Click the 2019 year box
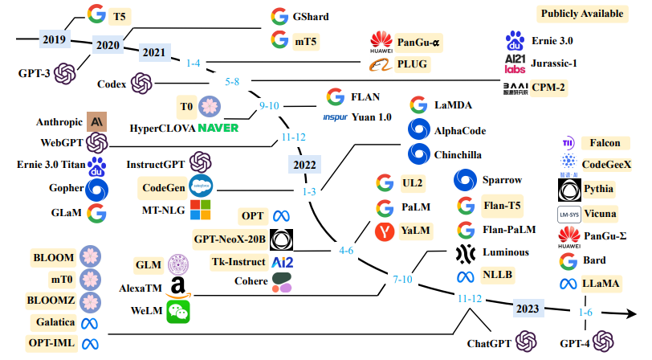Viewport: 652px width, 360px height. [x=55, y=39]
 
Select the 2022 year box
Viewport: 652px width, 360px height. [x=304, y=165]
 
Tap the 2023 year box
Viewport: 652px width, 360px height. [x=528, y=309]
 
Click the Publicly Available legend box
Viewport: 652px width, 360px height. [x=582, y=14]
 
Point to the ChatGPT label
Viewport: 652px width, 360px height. [x=489, y=343]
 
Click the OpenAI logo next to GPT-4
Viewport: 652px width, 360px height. [x=603, y=342]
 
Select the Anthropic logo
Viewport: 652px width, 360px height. [x=97, y=121]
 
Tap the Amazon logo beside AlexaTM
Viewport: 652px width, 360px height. [x=178, y=288]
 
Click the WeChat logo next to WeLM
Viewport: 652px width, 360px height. [x=178, y=312]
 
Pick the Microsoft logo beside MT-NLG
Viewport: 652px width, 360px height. [x=201, y=210]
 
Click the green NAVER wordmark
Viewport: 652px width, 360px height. [x=218, y=128]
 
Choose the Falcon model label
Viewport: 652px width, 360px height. [x=605, y=143]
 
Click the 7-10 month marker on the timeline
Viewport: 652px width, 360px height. [x=402, y=280]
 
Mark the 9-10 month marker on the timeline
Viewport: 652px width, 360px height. [x=269, y=106]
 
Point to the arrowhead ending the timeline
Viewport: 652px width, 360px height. [x=630, y=313]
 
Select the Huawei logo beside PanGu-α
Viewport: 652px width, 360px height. [x=381, y=42]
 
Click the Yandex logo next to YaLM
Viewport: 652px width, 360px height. [x=385, y=231]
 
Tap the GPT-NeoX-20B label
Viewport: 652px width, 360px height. [x=230, y=239]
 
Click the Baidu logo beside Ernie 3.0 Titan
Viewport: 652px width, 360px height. [x=97, y=166]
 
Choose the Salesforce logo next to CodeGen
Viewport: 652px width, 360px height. [x=201, y=186]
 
